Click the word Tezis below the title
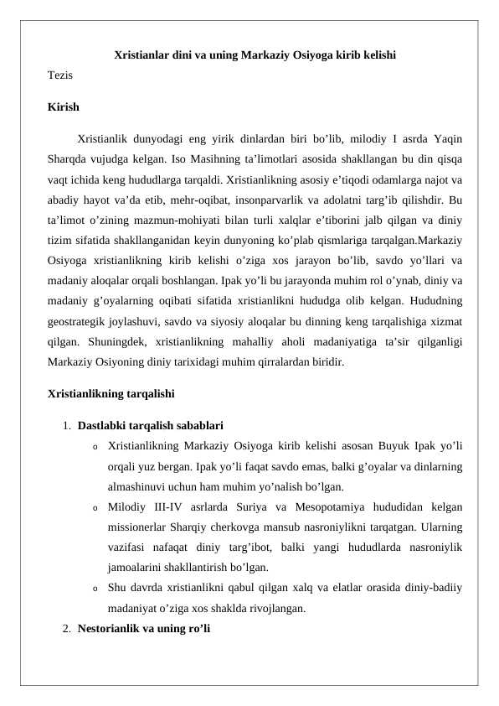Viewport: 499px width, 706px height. pyautogui.click(x=59, y=75)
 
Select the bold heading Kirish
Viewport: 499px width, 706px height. pyautogui.click(x=64, y=107)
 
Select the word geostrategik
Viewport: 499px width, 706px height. pyautogui.click(x=82, y=322)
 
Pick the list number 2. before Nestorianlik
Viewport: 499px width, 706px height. pyautogui.click(x=66, y=628)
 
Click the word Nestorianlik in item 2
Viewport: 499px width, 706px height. pyautogui.click(x=111, y=628)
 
